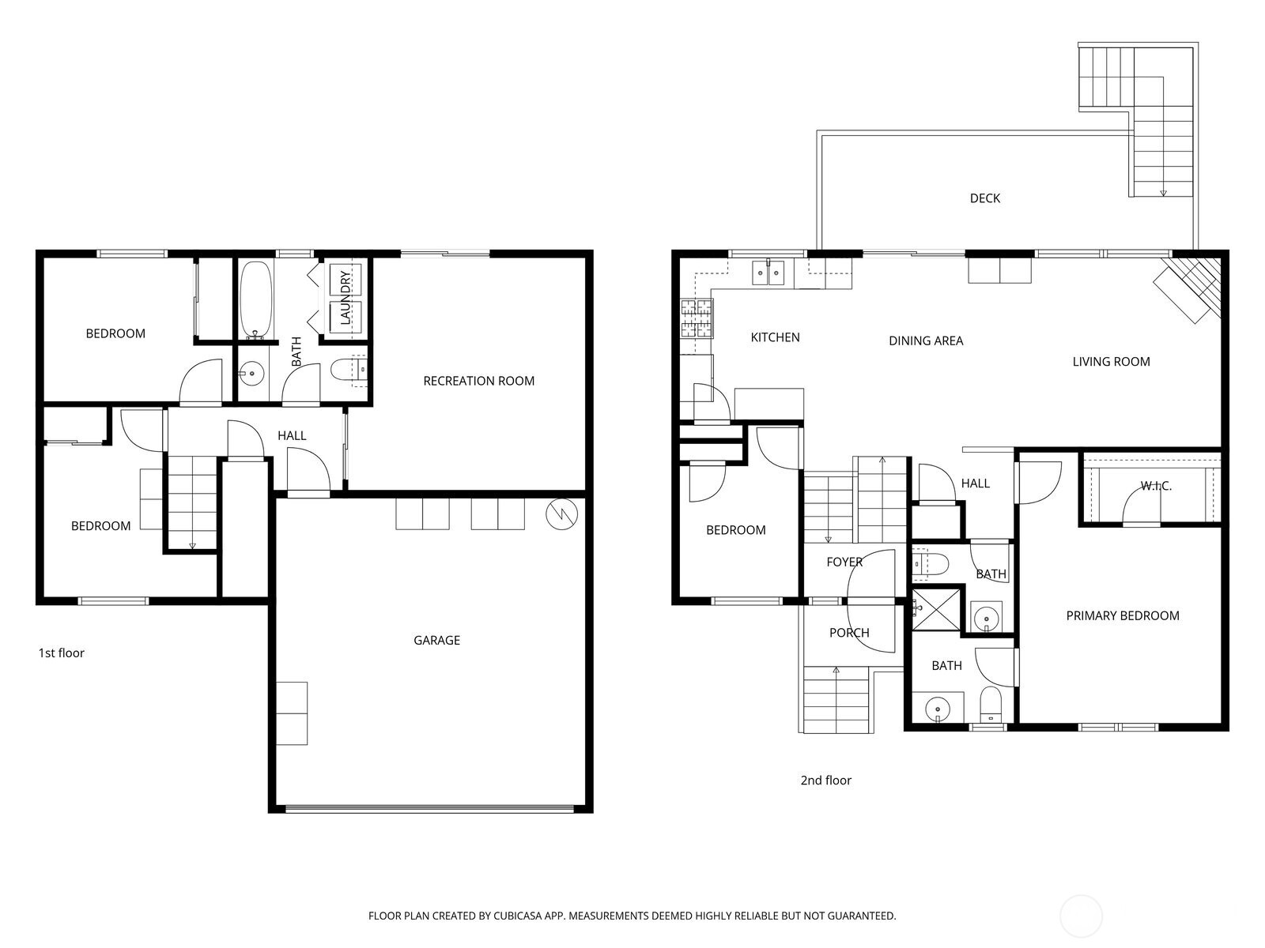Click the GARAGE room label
(436, 640)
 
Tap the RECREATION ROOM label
(478, 381)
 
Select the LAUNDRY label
(345, 298)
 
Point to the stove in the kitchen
(696, 318)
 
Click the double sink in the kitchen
(767, 273)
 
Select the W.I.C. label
(1155, 486)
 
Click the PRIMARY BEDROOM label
(1122, 615)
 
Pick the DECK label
(984, 198)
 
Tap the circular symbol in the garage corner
(561, 515)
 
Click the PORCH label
(848, 633)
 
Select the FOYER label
(844, 562)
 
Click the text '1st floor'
(61, 653)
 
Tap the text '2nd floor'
(825, 780)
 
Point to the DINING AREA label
(925, 340)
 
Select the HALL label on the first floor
(291, 435)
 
